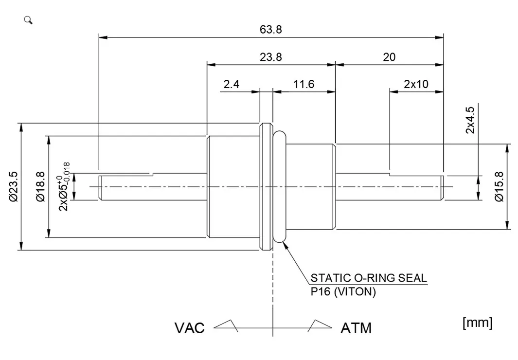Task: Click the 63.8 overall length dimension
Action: click(x=270, y=29)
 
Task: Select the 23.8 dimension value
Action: click(x=270, y=57)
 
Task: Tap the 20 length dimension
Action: click(x=389, y=57)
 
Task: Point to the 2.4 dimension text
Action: click(x=231, y=84)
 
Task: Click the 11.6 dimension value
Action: click(x=304, y=84)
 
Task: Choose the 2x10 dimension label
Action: click(x=416, y=84)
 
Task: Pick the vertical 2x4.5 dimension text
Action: click(x=470, y=120)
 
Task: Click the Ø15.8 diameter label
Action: click(x=498, y=186)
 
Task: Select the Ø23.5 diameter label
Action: click(x=13, y=186)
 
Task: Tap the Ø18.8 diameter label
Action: click(x=40, y=186)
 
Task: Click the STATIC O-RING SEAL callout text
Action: click(x=369, y=278)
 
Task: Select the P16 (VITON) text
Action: click(x=343, y=292)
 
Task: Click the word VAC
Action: click(x=189, y=328)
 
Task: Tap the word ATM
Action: click(x=356, y=328)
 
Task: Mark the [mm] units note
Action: click(x=478, y=323)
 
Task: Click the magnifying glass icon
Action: click(x=28, y=20)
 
